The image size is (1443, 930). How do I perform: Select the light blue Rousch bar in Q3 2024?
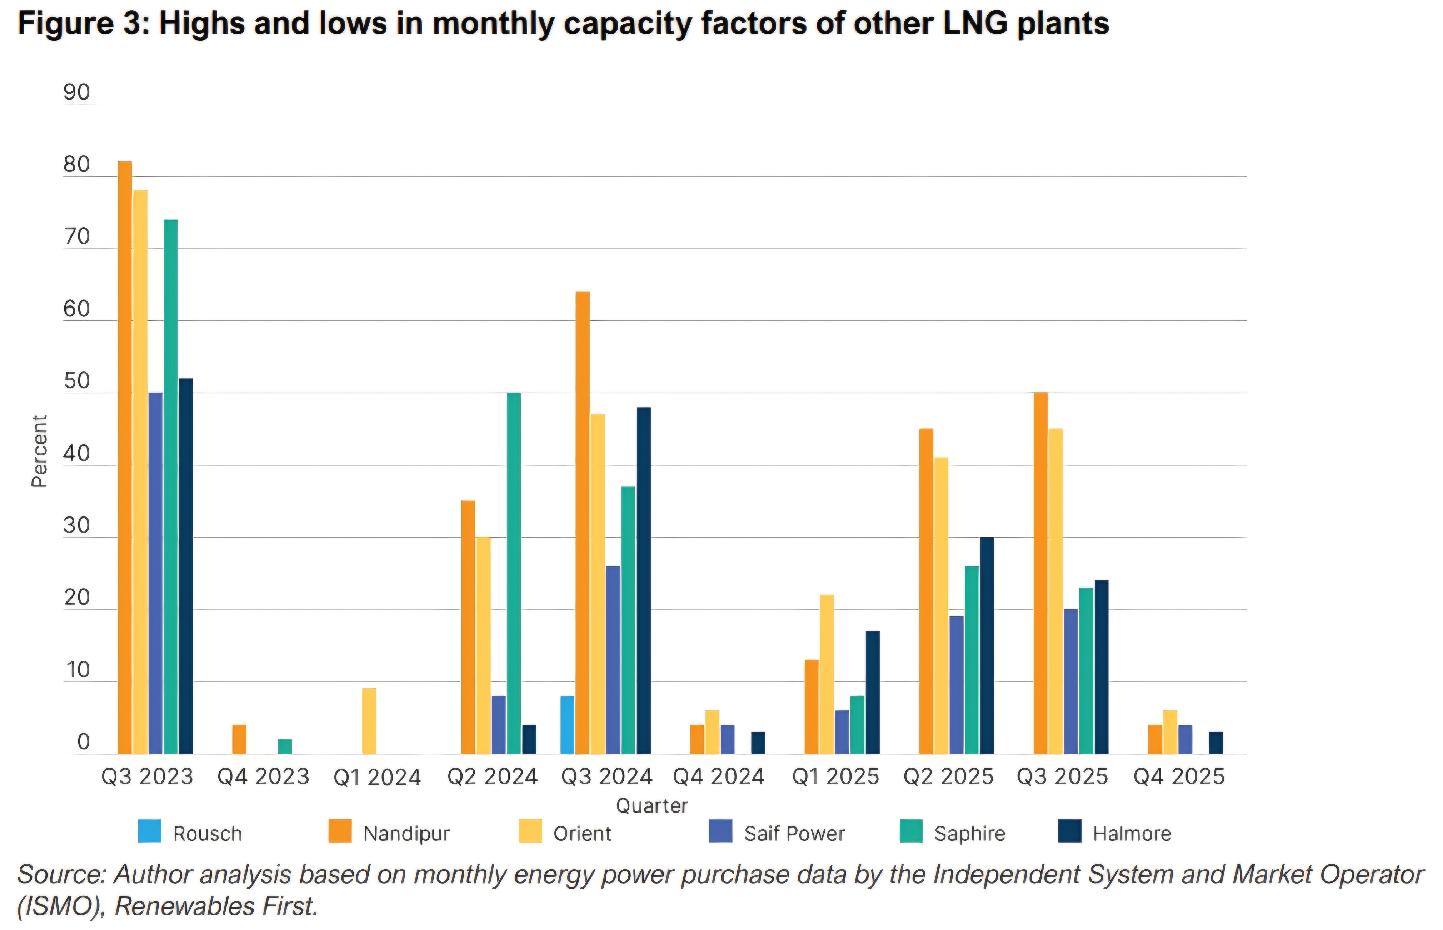(568, 725)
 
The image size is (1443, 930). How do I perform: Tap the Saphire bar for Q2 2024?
(514, 574)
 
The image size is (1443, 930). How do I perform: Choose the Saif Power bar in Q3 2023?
(155, 574)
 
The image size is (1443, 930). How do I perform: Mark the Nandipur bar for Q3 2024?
(583, 523)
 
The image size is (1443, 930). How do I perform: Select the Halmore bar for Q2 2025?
(987, 646)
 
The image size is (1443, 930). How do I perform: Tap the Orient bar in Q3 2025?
(1056, 592)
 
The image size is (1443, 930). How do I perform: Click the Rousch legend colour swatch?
(150, 831)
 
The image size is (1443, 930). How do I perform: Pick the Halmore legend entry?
(1132, 834)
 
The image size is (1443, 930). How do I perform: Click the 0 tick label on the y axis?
(83, 743)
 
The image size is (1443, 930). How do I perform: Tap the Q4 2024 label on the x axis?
(719, 777)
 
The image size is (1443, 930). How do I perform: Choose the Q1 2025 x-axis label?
(835, 777)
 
